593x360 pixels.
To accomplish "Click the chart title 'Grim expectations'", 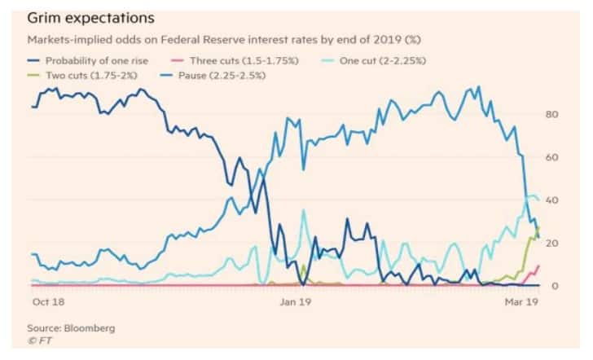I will tap(91, 16).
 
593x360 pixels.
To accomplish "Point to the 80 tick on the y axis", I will tap(551, 114).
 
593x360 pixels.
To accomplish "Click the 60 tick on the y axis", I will tap(551, 157).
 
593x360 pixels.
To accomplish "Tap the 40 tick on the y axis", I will tap(551, 200).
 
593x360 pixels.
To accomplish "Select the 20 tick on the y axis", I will tap(551, 244).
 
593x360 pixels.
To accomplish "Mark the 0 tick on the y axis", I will tap(553, 286).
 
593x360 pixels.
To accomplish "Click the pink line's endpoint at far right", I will tap(538, 265).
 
